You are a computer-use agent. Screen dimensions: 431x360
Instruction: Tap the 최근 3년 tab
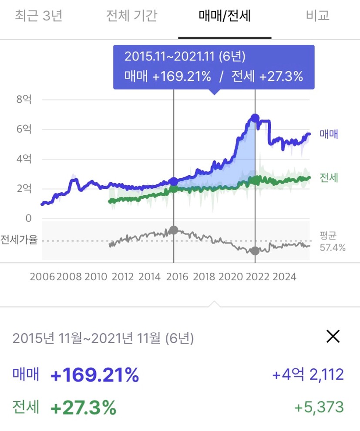tap(39, 16)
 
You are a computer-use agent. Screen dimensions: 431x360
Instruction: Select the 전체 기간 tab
tap(131, 16)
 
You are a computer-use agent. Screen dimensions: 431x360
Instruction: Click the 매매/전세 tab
tap(225, 16)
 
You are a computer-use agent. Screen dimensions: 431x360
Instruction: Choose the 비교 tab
tap(318, 16)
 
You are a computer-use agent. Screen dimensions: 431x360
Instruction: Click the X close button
tap(333, 336)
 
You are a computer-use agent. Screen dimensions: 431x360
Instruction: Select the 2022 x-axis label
tap(257, 277)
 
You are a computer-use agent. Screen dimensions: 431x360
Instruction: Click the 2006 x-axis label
tap(42, 277)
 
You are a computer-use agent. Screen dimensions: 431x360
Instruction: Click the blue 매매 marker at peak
tap(255, 118)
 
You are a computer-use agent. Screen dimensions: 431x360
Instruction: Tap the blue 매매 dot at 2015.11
tap(174, 181)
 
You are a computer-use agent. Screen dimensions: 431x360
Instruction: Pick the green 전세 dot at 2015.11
tap(174, 189)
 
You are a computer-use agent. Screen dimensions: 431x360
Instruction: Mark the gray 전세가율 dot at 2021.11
tap(255, 251)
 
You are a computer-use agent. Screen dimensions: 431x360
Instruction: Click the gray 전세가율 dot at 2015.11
tap(174, 230)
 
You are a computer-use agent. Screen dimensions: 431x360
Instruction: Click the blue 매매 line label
tap(329, 134)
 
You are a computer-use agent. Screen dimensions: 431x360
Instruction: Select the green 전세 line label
tap(329, 178)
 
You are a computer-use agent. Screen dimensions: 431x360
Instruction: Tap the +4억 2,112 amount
tap(308, 374)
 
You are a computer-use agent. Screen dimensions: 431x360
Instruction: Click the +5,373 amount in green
tap(319, 408)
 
